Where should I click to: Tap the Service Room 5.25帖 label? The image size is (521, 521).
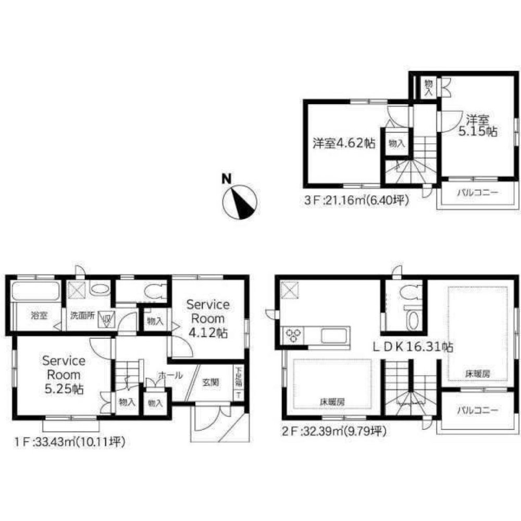click(64, 375)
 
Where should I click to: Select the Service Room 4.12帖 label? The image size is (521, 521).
click(208, 318)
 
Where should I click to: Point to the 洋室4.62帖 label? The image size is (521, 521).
click(344, 144)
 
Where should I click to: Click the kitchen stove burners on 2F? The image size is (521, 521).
click(293, 334)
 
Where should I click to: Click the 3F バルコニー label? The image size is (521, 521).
click(478, 193)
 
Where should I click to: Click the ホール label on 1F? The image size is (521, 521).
click(170, 375)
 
